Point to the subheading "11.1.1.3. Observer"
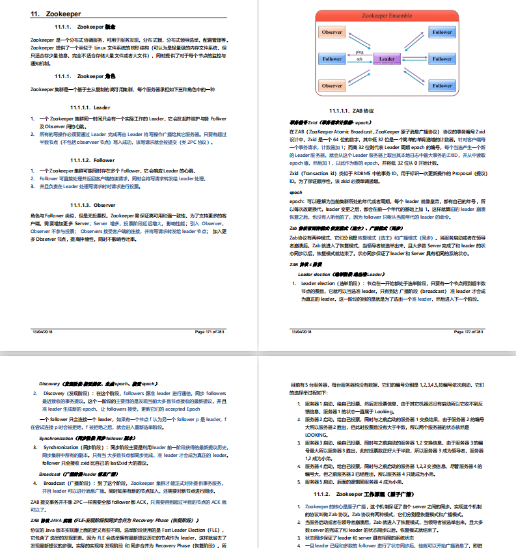pyautogui.click(x=92, y=204)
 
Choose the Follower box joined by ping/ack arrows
pyautogui.click(x=332, y=59)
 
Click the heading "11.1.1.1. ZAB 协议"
pyautogui.click(x=352, y=111)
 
